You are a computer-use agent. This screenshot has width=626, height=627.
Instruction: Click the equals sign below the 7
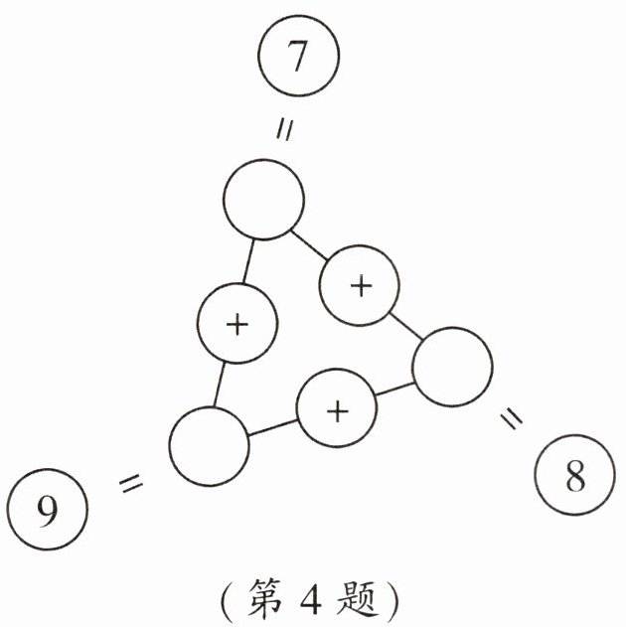tap(284, 132)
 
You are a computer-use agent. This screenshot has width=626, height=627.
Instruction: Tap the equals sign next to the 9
tap(131, 484)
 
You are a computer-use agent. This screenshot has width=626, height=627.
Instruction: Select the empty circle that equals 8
tap(452, 369)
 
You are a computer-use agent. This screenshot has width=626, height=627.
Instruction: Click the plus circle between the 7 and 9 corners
tap(236, 324)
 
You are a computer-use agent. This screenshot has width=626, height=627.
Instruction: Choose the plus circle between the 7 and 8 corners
tap(360, 285)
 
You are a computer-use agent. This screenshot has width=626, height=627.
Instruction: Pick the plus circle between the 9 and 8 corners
tap(338, 409)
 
